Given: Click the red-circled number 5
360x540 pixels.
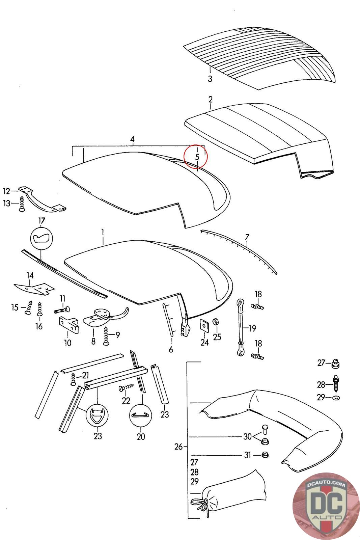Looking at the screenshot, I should point(197,157).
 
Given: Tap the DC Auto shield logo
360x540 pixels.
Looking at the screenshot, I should point(326,506).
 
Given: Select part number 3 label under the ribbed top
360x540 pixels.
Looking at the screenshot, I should point(210,79).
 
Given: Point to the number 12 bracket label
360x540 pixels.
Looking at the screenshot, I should point(7,191).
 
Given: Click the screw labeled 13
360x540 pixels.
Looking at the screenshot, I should point(22,205).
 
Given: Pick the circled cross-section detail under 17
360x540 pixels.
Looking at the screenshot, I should point(41,239).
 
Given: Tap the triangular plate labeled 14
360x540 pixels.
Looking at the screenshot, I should point(34,287).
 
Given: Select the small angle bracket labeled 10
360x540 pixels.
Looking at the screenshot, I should point(68,325).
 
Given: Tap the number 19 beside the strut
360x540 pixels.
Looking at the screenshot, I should point(252,328).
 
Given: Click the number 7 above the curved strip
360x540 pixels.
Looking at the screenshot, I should point(247,236).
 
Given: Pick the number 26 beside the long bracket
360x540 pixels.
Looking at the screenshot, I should point(178,447).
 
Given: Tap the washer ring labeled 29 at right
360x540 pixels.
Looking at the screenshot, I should point(336,398).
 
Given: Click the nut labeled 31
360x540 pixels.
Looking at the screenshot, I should point(266,455).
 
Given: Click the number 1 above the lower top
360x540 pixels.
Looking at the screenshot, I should point(103,232).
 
